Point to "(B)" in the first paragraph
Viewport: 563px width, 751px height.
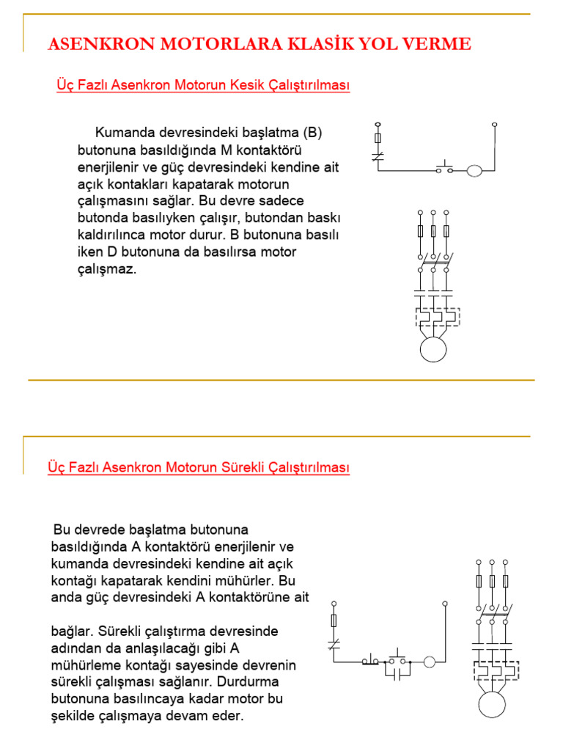[x=312, y=133]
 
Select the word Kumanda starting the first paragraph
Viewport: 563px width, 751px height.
[x=124, y=133]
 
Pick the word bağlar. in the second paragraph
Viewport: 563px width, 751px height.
[x=73, y=631]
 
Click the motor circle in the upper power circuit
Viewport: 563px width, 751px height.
[x=433, y=348]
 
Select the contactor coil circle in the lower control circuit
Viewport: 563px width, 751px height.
[x=430, y=661]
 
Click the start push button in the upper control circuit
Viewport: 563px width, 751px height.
[x=444, y=167]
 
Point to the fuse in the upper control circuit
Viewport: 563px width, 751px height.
[x=378, y=139]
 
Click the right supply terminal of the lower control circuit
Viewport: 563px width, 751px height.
[x=444, y=604]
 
